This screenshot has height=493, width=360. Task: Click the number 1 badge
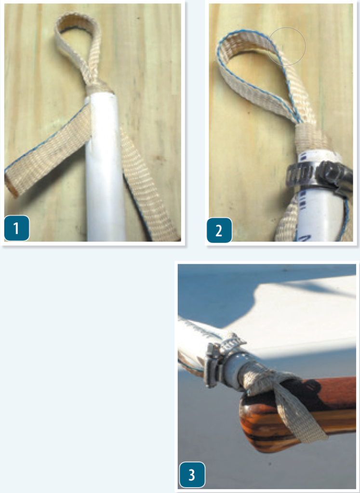(x=17, y=228)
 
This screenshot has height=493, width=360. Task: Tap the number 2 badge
(x=219, y=230)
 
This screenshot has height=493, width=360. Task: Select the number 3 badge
(x=192, y=474)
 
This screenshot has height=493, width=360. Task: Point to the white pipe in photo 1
(x=106, y=167)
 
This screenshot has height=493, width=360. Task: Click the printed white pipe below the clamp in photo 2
(x=318, y=214)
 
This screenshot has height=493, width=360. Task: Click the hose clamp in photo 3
(x=220, y=358)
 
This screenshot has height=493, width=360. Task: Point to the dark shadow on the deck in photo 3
(x=220, y=298)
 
